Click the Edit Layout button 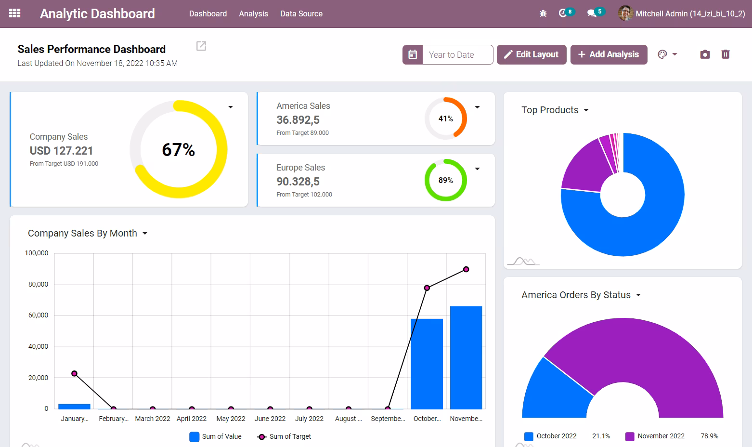pos(532,54)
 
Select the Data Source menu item pos(301,14)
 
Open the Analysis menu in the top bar pos(253,14)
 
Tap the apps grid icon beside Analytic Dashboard pos(15,13)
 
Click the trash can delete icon pos(726,54)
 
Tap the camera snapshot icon pos(705,54)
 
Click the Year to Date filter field pos(457,55)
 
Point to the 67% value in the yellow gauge pos(178,150)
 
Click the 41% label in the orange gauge pos(445,118)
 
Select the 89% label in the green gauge pos(445,180)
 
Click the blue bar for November pos(466,358)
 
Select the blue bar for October pos(427,364)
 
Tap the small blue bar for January pos(74,407)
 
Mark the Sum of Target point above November pos(466,269)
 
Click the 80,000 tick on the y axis pos(38,285)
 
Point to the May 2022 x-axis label pos(231,419)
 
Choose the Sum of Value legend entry pos(215,436)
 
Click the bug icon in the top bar pos(543,14)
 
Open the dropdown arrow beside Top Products pos(586,110)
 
